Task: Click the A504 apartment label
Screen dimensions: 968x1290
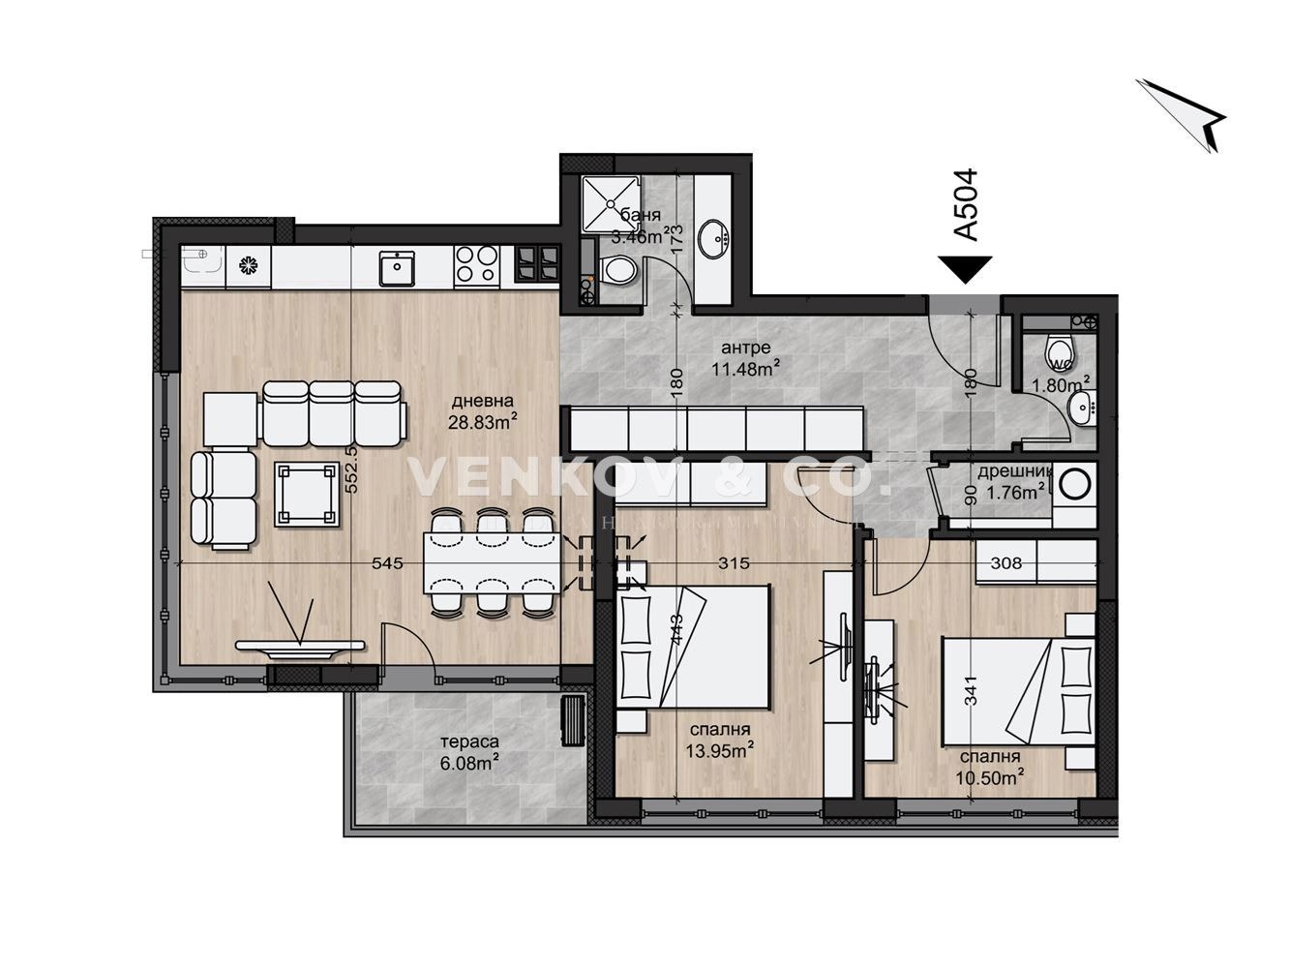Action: coord(965,204)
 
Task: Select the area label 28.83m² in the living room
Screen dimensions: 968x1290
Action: coord(482,419)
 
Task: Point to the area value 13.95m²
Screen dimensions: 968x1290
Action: coord(722,749)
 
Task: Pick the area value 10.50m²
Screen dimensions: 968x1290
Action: coord(991,776)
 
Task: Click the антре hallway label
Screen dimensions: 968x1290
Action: coord(746,347)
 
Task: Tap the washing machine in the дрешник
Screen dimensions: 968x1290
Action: coord(1074,483)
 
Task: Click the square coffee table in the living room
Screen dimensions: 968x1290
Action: coord(308,494)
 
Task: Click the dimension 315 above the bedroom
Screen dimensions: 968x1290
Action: coord(735,562)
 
